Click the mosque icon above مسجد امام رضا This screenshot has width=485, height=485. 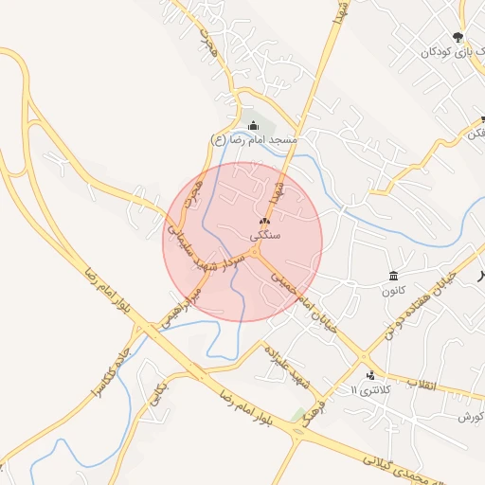pos(253,126)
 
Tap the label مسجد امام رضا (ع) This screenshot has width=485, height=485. pos(254,140)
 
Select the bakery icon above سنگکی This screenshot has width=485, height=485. pos(264,222)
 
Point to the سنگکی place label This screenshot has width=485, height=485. pos(264,234)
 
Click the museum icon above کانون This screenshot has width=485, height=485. pos(393,276)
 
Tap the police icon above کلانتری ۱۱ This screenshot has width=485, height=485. pos(370,375)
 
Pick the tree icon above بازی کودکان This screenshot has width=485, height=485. pos(458,38)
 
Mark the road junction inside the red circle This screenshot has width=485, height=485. pos(257,254)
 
